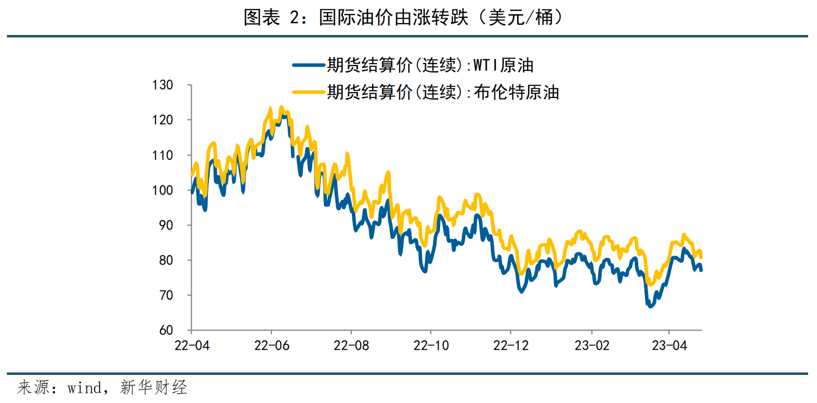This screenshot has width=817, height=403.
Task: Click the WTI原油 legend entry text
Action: [430, 65]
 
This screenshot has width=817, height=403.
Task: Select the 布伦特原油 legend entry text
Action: [443, 92]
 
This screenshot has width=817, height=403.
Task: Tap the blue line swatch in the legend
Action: [308, 65]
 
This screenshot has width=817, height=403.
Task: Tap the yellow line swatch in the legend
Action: [308, 92]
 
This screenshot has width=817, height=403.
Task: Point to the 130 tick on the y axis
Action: [163, 85]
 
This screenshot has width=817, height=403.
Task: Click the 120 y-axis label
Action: [163, 120]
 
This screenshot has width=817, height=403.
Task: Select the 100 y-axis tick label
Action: [163, 190]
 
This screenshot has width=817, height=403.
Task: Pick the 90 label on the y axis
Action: [166, 225]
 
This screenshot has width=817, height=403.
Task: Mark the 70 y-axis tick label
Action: [166, 296]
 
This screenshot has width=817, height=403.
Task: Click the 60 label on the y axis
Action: [166, 331]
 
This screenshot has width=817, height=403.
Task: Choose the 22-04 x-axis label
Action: [192, 346]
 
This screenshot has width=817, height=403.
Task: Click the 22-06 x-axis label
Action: [272, 346]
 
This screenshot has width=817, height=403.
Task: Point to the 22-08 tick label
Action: [351, 346]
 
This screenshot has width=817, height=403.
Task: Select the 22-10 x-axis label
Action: [431, 346]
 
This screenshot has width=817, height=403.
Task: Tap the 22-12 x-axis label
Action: [511, 346]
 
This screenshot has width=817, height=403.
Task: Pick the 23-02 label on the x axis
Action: [592, 346]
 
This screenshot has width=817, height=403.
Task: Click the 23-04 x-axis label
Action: [669, 346]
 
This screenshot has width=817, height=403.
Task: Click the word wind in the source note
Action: [84, 388]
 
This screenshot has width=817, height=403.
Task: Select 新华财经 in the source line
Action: [153, 388]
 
